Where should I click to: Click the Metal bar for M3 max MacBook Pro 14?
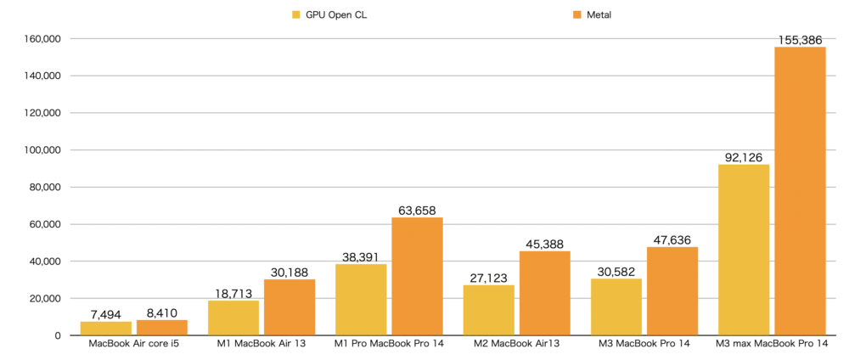[800, 191]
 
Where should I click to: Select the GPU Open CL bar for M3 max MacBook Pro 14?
[744, 250]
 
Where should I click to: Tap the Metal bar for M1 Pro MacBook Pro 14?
[417, 276]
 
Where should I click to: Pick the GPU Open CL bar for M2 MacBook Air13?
[488, 310]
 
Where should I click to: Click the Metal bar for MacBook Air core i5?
[161, 327]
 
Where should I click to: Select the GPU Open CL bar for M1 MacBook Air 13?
[233, 318]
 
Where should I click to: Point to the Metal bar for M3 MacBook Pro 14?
[672, 291]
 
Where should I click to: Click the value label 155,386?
[800, 40]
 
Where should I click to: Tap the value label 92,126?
[744, 157]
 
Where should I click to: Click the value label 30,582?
[616, 272]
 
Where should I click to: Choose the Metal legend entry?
[599, 14]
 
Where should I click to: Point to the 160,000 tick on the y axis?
[40, 39]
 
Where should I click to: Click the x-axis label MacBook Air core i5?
[133, 344]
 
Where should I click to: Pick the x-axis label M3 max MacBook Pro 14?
[772, 344]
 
